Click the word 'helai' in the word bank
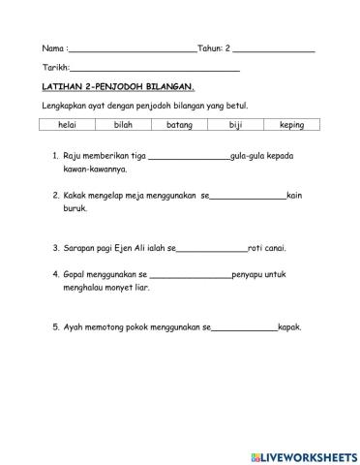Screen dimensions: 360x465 [x=68, y=125]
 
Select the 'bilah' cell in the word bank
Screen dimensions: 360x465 [x=123, y=125]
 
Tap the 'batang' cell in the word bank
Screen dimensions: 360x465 [x=179, y=125]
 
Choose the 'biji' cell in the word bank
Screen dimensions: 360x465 [x=235, y=125]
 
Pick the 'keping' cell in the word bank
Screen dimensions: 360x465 [x=291, y=125]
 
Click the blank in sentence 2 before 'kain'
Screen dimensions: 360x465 [x=248, y=197]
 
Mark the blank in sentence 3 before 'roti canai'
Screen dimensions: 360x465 [x=212, y=248]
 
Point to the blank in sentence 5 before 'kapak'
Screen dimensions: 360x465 [x=243, y=327]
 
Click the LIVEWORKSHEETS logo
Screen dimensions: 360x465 [x=302, y=454]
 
